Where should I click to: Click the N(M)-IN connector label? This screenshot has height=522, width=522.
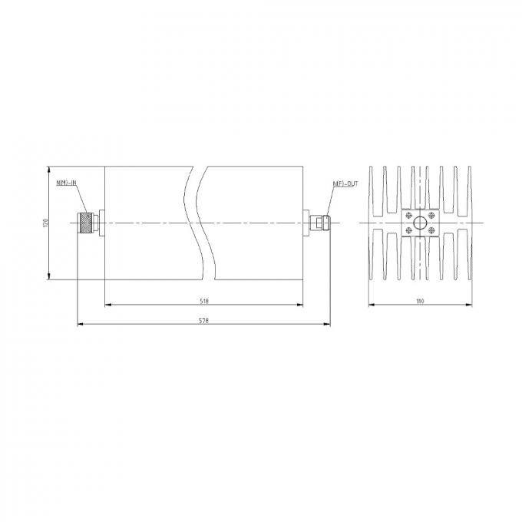[66, 182]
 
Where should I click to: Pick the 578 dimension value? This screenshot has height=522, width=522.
[204, 321]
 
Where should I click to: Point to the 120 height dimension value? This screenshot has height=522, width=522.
[45, 223]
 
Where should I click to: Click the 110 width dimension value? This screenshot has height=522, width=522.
[419, 300]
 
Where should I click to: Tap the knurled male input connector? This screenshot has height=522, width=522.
[86, 223]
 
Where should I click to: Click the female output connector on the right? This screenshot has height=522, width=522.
[318, 223]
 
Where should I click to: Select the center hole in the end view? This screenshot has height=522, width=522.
[420, 223]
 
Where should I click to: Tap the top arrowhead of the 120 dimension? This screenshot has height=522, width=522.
[50, 168]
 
